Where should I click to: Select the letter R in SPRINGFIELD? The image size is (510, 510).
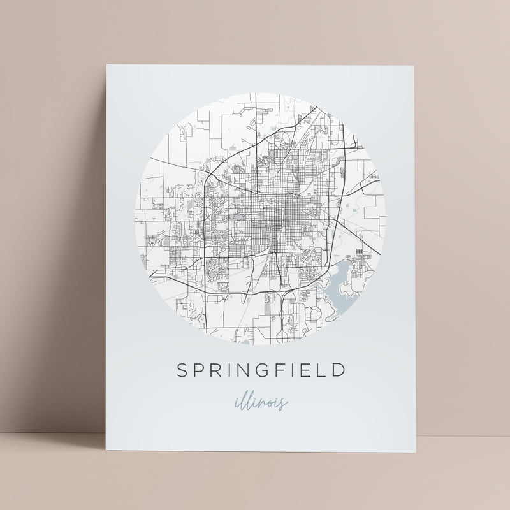point(217,370)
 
